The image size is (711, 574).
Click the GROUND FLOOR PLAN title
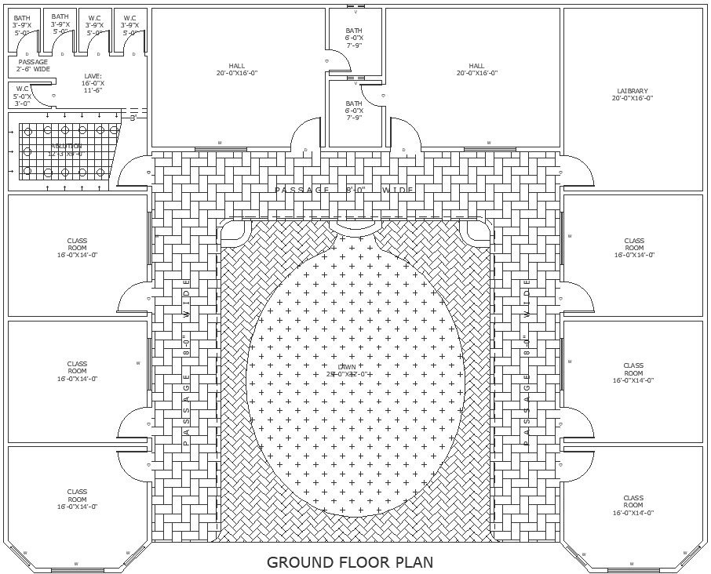[350, 561]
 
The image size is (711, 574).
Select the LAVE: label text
[93, 76]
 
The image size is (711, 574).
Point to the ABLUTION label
[67, 147]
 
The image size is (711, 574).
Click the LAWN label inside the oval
[347, 367]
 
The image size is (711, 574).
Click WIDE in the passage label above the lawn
[398, 191]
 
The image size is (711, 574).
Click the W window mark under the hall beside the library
[490, 143]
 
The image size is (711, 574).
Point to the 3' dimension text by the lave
[133, 118]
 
